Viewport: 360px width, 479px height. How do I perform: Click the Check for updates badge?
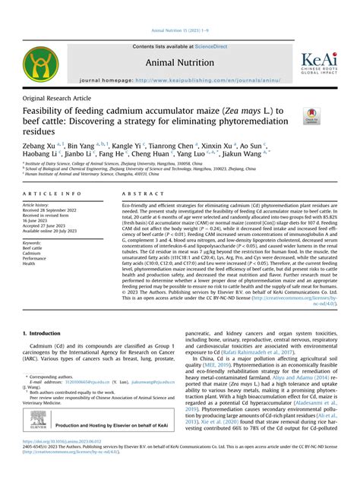[310, 116]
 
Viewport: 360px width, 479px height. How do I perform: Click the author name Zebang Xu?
[39, 145]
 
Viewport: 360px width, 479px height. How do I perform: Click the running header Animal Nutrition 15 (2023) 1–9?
[179, 30]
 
